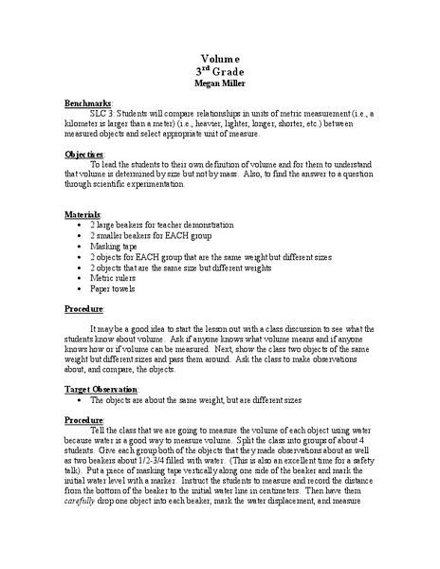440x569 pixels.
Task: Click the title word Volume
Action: [x=219, y=58]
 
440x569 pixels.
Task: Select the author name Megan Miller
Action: [x=219, y=83]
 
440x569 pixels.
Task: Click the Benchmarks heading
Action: [x=88, y=102]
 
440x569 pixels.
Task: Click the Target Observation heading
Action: [x=101, y=390]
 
